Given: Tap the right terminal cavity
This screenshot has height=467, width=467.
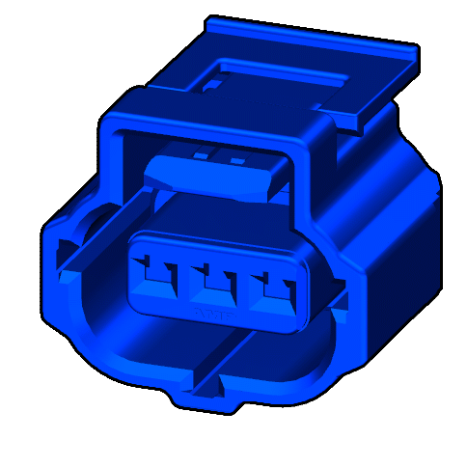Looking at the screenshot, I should coord(275,287).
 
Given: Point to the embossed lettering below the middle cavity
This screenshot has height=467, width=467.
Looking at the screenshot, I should coord(214,314).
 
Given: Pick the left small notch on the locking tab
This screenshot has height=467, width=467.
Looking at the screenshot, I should coord(200,154).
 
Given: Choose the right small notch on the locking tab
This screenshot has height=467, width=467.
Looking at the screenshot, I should coord(235,157).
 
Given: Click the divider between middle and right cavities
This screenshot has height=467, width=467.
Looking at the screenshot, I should coord(244,284).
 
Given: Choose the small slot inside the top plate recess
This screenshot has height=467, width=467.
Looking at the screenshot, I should coord(211,85).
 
